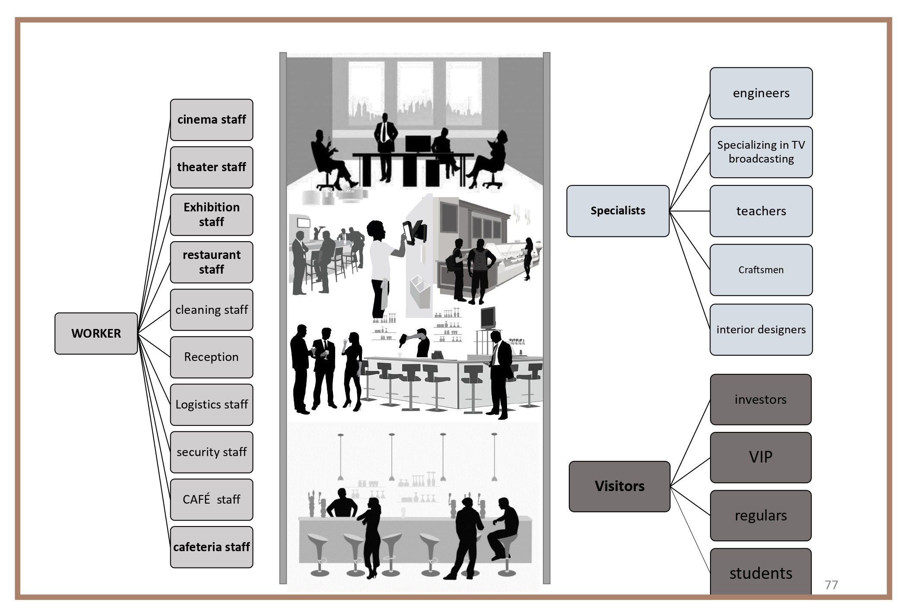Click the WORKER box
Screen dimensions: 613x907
click(96, 333)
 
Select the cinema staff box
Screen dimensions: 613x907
click(211, 120)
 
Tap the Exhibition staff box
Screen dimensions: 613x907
click(211, 214)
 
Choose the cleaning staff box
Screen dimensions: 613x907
click(211, 310)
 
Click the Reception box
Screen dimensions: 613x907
click(211, 357)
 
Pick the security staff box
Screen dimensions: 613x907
click(211, 452)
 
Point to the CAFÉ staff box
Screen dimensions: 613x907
click(211, 499)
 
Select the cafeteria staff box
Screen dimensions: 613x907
click(211, 547)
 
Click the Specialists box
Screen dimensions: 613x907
click(618, 211)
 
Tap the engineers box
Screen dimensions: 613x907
click(761, 93)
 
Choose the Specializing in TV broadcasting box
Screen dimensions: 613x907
click(761, 152)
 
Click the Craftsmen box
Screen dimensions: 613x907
click(761, 270)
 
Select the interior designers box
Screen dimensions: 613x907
click(761, 329)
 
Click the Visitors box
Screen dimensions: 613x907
click(619, 486)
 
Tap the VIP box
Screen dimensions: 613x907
click(761, 457)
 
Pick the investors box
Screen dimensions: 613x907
click(761, 399)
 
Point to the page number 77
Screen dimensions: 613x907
click(831, 585)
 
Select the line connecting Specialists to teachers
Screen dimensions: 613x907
click(690, 211)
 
